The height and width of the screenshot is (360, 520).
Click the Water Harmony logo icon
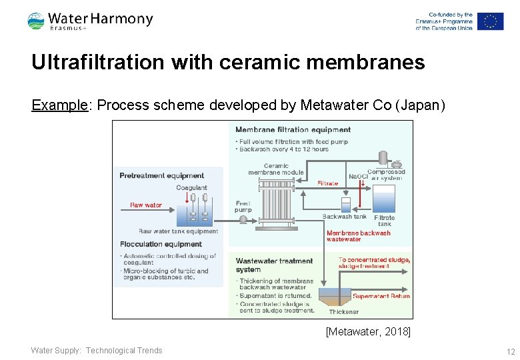point(36,21)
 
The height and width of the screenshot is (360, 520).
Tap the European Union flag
point(490,21)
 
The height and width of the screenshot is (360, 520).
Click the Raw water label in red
point(146,205)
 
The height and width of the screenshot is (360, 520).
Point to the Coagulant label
point(191,188)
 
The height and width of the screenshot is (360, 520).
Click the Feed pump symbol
point(243,219)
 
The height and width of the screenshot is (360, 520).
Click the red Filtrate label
point(327,183)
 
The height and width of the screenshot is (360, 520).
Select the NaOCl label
point(358,177)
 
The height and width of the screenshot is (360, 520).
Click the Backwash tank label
point(344,217)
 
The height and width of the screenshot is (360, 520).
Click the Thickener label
point(343,311)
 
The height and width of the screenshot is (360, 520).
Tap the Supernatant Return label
point(381,296)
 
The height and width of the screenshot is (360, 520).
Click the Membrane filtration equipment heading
point(293,129)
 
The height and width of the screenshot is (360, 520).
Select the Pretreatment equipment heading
point(161,176)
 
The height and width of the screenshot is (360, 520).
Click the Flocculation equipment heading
point(161,244)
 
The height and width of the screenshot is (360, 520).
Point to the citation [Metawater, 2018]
point(368,331)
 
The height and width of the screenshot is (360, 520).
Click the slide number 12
point(511,351)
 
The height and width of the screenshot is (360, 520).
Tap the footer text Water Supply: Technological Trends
point(97,351)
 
